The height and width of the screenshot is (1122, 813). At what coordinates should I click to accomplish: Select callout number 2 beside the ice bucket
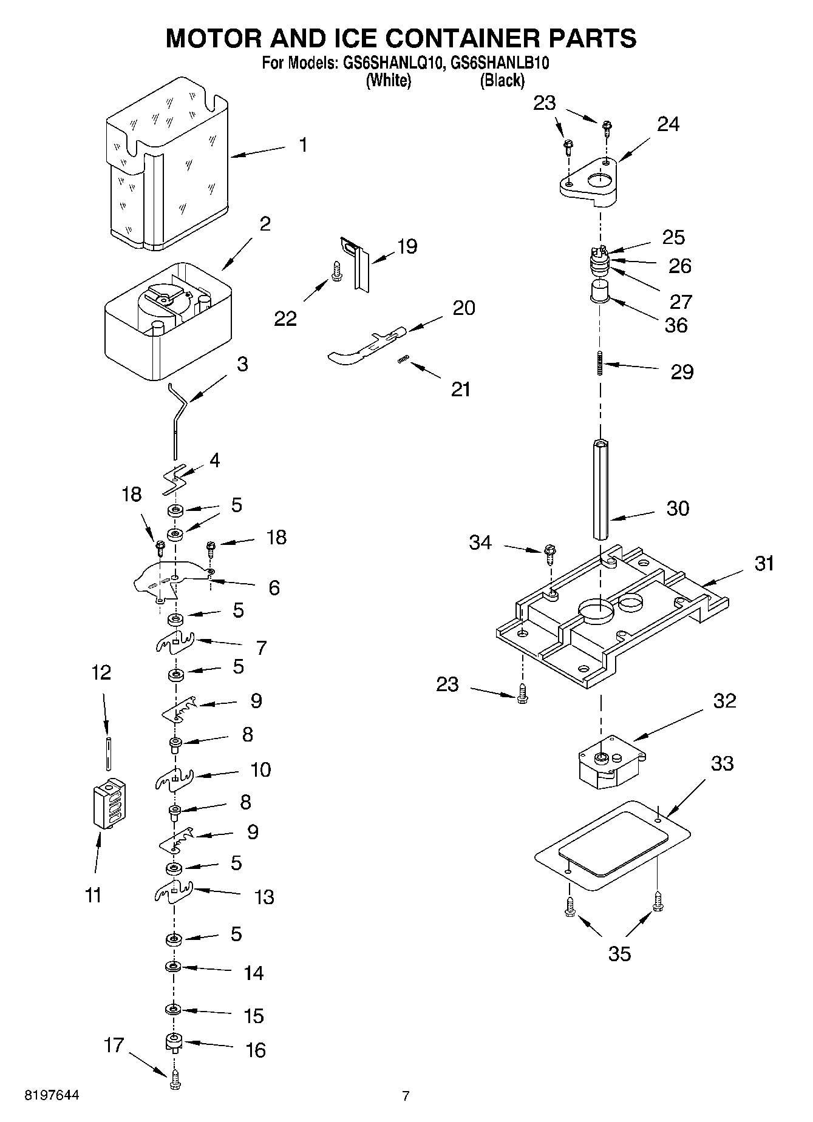(x=265, y=224)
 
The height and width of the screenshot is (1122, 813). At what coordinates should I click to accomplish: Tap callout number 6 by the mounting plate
(x=274, y=587)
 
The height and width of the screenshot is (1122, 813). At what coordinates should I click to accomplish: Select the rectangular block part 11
(x=110, y=803)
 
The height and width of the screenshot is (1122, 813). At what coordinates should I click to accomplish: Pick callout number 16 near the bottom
(x=256, y=1050)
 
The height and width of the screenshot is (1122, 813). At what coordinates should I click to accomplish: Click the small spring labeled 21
(x=401, y=360)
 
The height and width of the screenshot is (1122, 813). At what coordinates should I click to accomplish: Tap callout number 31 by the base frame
(x=764, y=564)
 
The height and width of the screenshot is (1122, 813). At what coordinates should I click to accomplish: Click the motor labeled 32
(x=610, y=762)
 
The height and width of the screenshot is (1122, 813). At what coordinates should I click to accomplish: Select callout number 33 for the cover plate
(x=722, y=763)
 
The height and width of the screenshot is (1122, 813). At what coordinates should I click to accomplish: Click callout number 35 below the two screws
(x=619, y=954)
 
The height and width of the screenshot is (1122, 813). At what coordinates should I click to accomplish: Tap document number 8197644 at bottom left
(x=52, y=1095)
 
